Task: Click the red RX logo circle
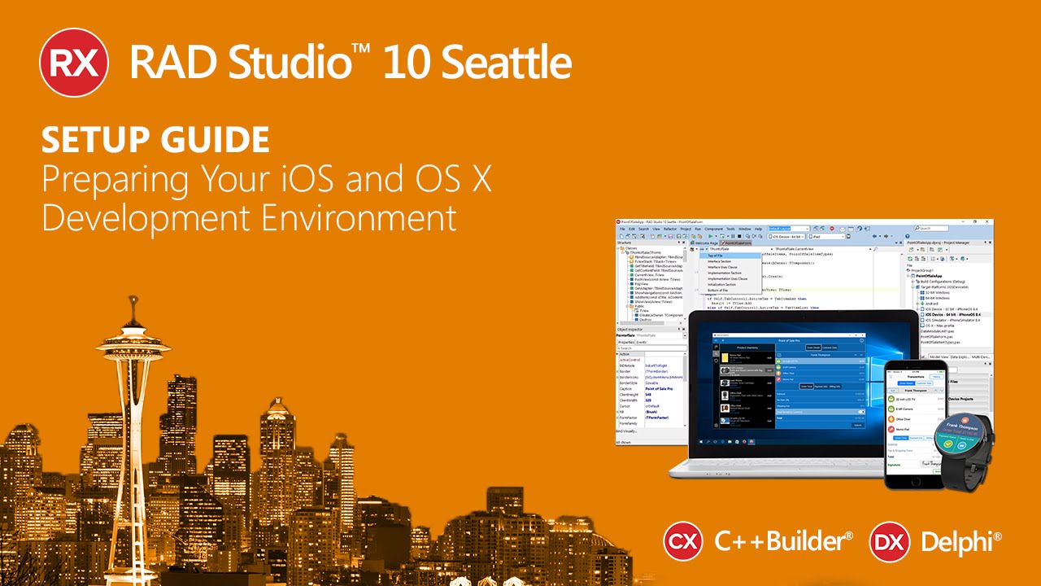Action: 74,62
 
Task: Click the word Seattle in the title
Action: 500,63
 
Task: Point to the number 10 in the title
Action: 401,63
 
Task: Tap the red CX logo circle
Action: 683,541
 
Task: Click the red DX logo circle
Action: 889,541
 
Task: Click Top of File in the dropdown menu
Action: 716,256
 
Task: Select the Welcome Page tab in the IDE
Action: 704,243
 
